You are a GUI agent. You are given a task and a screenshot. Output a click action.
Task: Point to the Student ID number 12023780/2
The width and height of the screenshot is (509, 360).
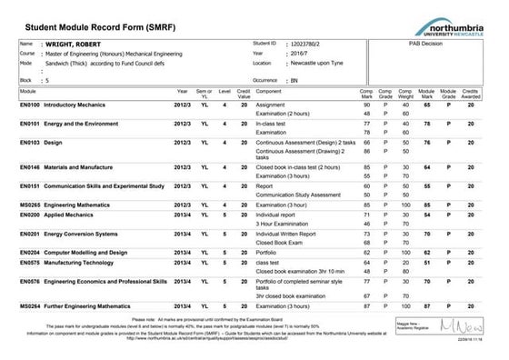310,44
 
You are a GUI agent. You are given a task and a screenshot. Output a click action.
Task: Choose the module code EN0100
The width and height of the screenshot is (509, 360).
32,105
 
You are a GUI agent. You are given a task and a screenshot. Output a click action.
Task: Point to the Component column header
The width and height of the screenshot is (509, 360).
269,93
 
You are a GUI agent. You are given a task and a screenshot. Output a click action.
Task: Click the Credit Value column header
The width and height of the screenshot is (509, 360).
244,93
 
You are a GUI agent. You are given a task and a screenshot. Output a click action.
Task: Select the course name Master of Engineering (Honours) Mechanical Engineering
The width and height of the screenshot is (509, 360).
115,54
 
